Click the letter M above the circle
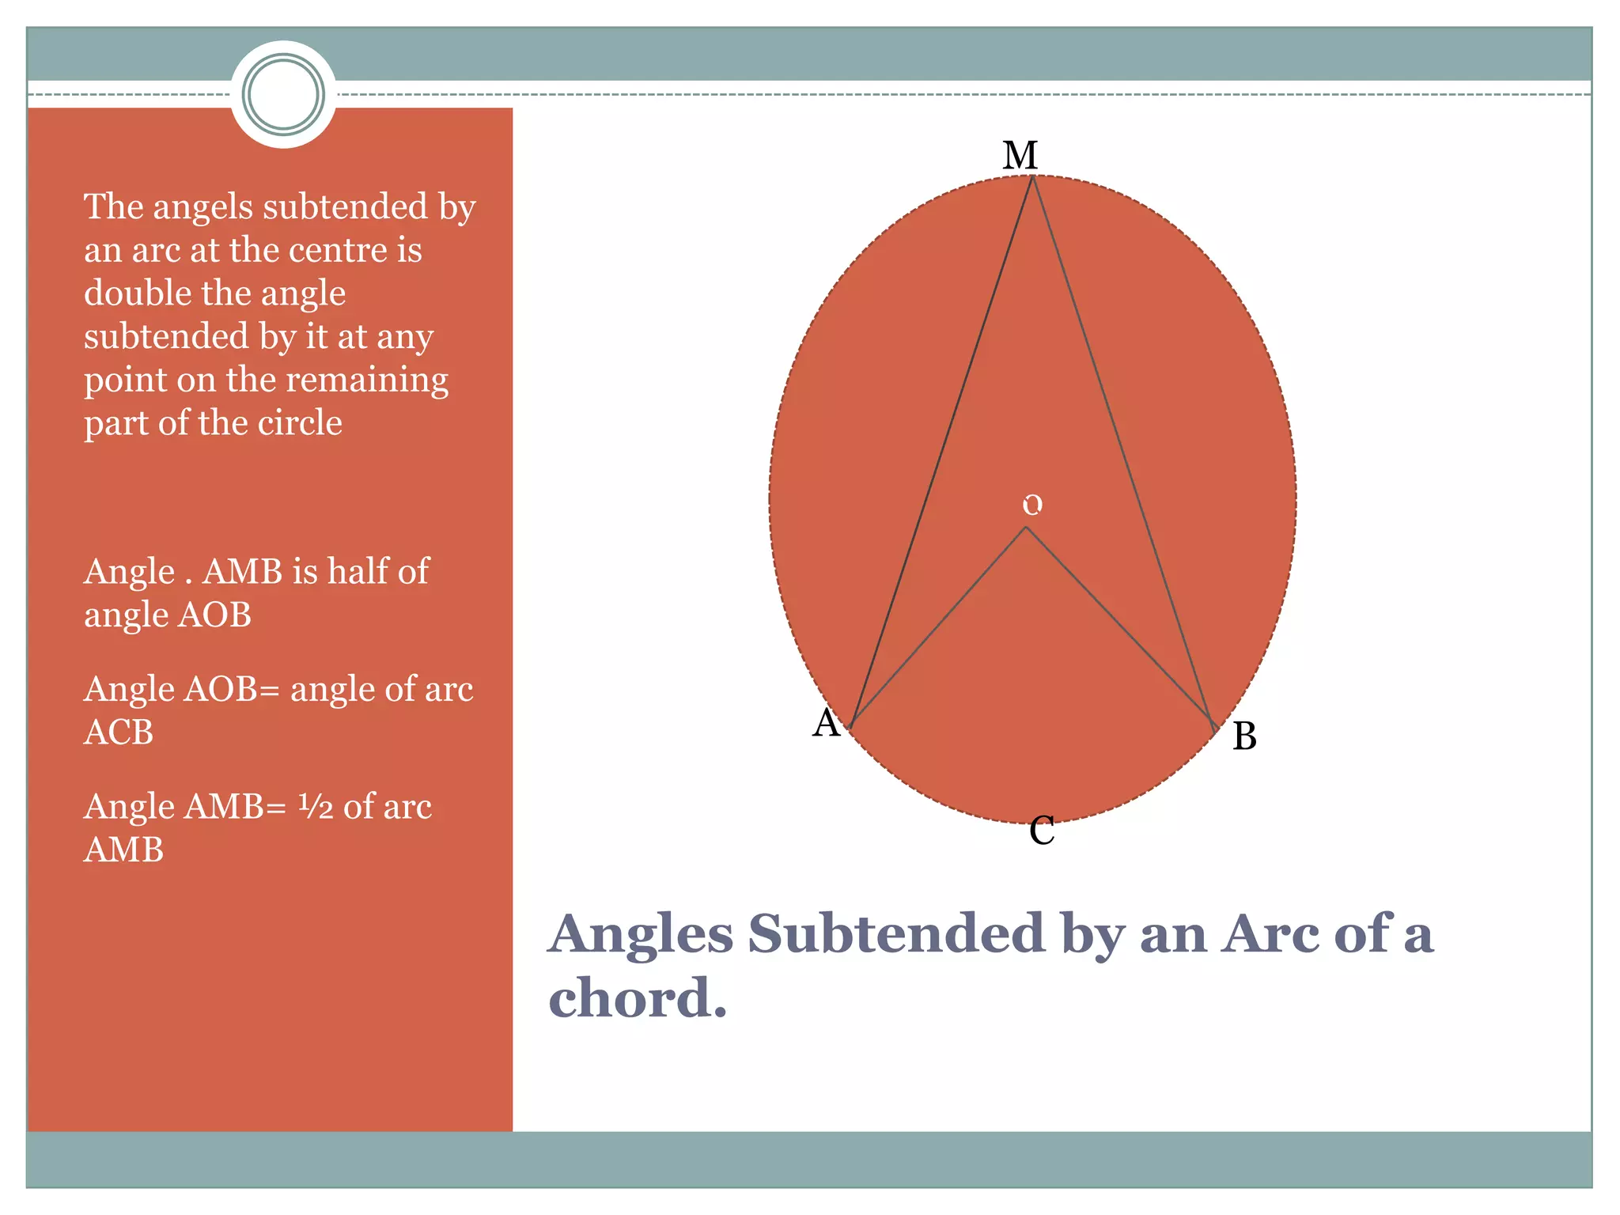1020,156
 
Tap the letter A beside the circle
826,723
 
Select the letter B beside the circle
1244,736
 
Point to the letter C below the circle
1042,831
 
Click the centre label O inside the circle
1032,505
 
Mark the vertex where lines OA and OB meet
1026,528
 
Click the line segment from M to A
941,451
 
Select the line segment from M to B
1122,451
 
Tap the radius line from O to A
938,626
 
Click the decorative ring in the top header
283,94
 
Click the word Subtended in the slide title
896,934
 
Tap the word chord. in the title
637,998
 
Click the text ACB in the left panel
119,732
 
